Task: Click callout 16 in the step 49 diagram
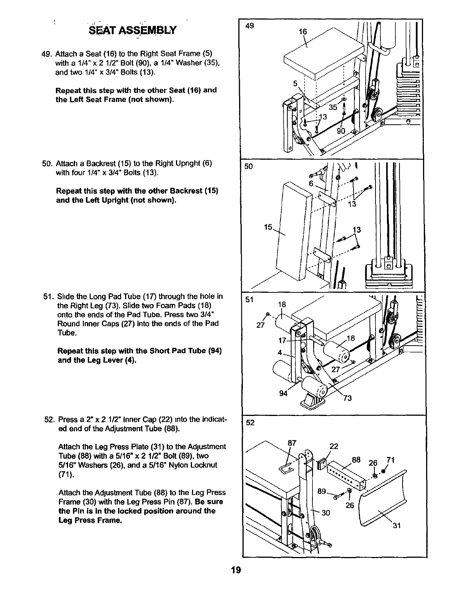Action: (302, 32)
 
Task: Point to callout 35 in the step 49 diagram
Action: (333, 107)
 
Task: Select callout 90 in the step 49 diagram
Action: (341, 131)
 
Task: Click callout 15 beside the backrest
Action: (268, 227)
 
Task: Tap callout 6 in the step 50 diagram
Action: (311, 184)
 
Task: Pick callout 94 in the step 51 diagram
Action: (283, 394)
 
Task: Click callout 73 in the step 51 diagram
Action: (347, 398)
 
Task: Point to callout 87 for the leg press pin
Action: (292, 443)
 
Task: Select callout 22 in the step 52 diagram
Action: (333, 447)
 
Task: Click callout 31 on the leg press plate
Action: (396, 526)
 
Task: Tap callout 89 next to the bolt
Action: (322, 491)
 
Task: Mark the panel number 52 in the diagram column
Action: (249, 423)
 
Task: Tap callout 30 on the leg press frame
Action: (325, 513)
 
